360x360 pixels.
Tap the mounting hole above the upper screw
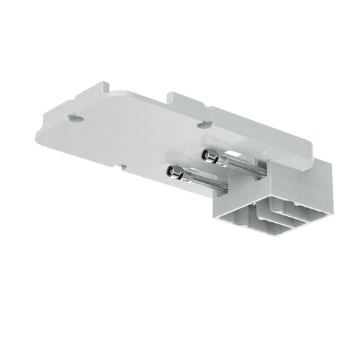203,125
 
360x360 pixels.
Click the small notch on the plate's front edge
122,165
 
